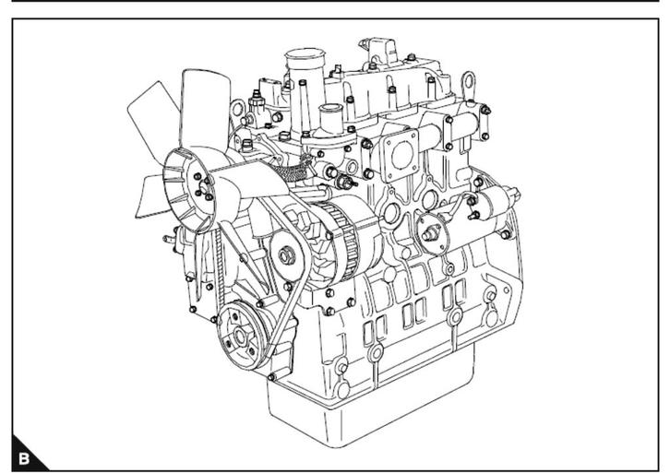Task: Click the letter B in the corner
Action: [24, 458]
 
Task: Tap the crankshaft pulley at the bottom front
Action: [240, 335]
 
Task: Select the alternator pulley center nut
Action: [286, 255]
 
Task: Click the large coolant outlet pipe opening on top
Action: [305, 55]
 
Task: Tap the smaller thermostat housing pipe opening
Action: [330, 108]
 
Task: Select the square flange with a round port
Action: [401, 155]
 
